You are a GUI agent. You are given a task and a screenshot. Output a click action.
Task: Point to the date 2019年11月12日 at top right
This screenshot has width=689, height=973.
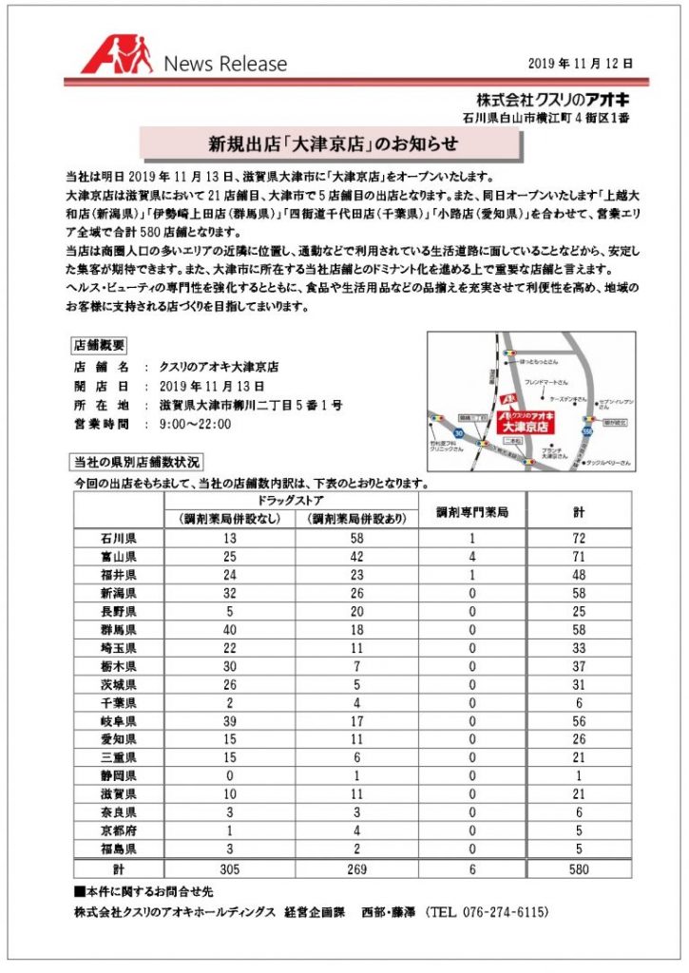point(581,63)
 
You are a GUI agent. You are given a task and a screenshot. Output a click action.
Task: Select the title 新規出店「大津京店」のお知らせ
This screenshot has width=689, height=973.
point(333,144)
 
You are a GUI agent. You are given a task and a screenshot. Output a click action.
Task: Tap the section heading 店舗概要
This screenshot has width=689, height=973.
point(100,345)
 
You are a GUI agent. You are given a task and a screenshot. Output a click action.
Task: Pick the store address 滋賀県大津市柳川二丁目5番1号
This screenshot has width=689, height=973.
point(251,405)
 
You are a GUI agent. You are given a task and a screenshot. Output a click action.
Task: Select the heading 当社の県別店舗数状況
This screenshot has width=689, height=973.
point(137,463)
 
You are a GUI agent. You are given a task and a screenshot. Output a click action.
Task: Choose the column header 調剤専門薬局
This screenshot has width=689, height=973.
point(472,511)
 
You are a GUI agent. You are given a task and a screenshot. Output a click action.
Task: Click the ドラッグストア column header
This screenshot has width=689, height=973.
point(293,500)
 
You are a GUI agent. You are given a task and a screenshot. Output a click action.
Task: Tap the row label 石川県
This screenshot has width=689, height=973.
point(119,539)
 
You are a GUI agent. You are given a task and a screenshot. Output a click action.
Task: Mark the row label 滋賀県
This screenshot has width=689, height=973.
point(119,793)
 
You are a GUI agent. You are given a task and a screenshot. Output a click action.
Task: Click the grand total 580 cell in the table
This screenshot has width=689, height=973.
point(579,868)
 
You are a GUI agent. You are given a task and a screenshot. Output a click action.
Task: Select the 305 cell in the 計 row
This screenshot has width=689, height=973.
point(229,868)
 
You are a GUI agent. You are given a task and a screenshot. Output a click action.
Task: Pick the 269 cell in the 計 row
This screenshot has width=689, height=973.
point(357,868)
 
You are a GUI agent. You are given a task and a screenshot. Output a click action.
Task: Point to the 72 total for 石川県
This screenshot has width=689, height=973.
point(579,539)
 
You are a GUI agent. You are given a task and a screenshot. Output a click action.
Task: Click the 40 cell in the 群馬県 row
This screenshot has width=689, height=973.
point(229,630)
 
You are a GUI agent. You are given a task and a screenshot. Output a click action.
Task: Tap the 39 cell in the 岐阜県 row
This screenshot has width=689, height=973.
point(229,721)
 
